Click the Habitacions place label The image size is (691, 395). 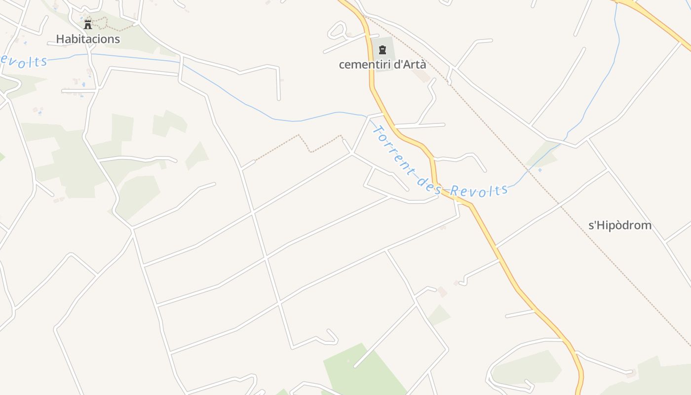point(88,39)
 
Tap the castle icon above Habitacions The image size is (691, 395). point(88,24)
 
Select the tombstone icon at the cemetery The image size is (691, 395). point(382,49)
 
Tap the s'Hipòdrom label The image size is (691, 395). point(620,226)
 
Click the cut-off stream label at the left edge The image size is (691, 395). point(23,61)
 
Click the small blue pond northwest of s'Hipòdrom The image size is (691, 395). point(539,170)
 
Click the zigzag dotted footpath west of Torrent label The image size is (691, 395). point(306,143)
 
